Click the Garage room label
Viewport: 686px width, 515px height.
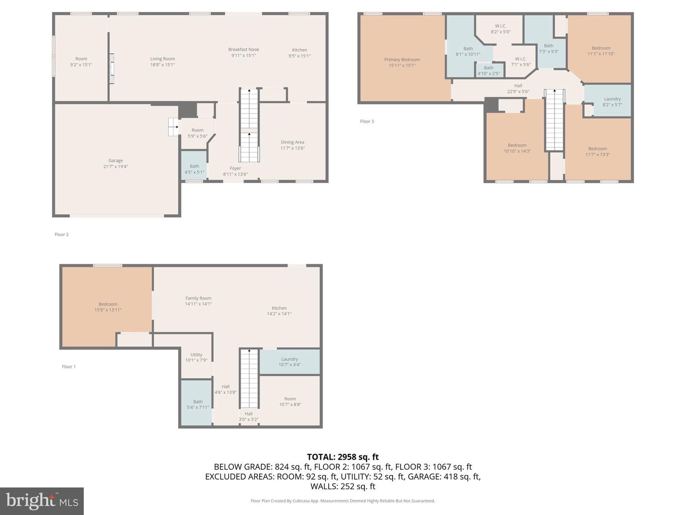click(x=115, y=164)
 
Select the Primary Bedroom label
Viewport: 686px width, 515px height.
click(x=402, y=62)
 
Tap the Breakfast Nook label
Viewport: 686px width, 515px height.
click(x=243, y=52)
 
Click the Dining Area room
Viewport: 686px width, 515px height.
click(x=292, y=145)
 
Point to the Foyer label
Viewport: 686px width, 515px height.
click(x=235, y=171)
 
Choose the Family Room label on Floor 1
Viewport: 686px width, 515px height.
click(x=198, y=301)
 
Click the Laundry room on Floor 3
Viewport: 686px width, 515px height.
click(x=612, y=102)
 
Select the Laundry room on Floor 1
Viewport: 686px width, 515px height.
click(x=289, y=362)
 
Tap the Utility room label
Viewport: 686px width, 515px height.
click(x=196, y=357)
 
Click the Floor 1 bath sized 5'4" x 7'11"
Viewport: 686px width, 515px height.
click(x=198, y=404)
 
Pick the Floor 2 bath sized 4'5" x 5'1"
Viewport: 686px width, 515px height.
click(x=194, y=169)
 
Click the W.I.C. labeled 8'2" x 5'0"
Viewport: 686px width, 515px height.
click(x=500, y=29)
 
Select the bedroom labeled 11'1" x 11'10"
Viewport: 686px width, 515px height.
click(x=601, y=51)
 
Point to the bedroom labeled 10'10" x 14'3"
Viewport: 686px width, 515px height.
click(x=517, y=148)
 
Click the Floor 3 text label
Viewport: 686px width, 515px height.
click(x=367, y=122)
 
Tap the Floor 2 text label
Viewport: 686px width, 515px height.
click(x=61, y=235)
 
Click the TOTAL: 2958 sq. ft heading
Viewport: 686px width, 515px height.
click(x=343, y=457)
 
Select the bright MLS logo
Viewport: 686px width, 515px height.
click(x=42, y=501)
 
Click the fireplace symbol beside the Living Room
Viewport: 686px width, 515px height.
click(x=112, y=69)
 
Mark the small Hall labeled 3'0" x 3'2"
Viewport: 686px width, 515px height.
click(x=248, y=416)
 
